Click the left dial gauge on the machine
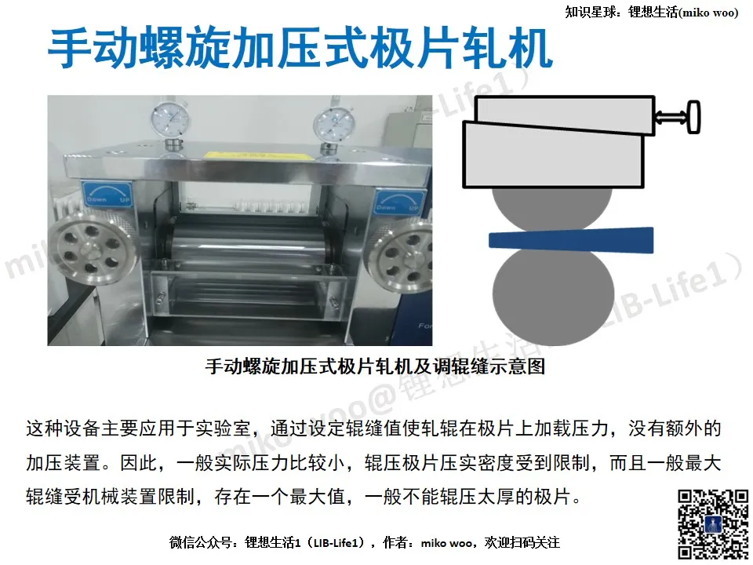click(169, 120)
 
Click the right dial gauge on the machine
click(333, 125)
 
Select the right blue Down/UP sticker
click(398, 202)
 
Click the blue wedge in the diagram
click(571, 240)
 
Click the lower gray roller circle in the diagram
click(553, 293)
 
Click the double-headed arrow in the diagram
click(671, 116)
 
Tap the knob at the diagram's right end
click(694, 116)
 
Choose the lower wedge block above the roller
click(553, 156)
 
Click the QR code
click(713, 524)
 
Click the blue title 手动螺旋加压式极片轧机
click(300, 49)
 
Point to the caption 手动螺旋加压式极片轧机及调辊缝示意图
click(375, 366)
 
